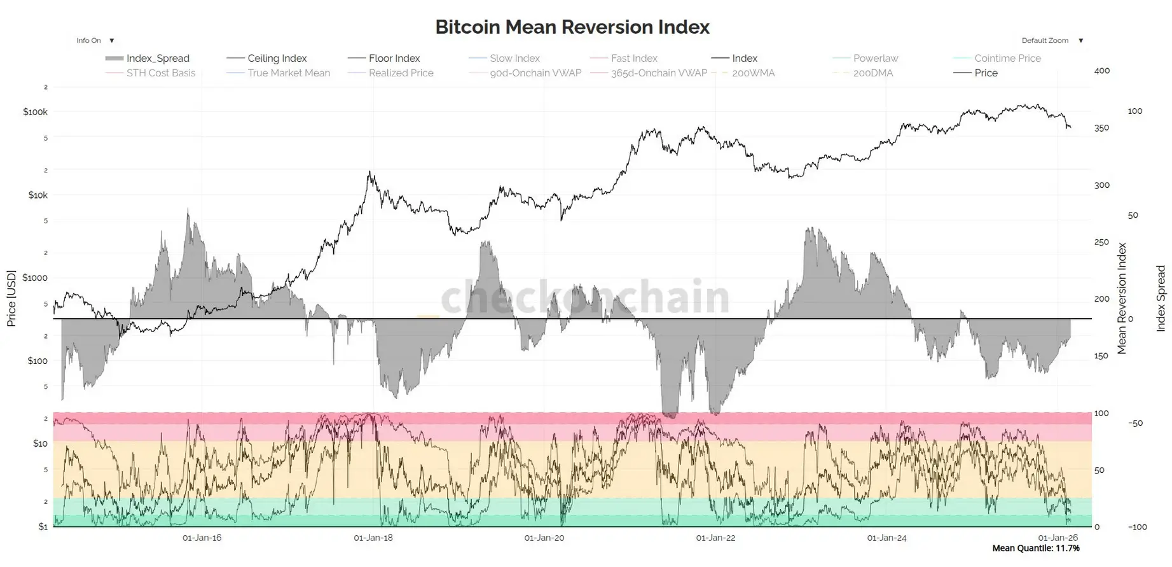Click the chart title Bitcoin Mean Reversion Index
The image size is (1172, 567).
[572, 27]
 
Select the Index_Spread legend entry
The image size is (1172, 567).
[157, 59]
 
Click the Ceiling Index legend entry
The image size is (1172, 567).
[277, 59]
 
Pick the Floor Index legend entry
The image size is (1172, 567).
[394, 59]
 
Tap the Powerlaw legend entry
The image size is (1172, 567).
[875, 59]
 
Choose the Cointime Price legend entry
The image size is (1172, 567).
[1007, 59]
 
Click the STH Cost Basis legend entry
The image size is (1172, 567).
[160, 73]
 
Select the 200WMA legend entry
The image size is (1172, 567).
[753, 73]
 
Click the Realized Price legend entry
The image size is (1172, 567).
[401, 73]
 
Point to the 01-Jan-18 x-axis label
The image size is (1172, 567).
[373, 538]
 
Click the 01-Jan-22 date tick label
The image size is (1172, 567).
[715, 538]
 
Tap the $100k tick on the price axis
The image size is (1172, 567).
[35, 112]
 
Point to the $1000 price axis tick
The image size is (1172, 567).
[35, 277]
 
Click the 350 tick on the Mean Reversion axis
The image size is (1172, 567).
[1101, 128]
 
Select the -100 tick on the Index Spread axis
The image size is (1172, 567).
[1137, 527]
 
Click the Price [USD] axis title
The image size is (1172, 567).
[11, 298]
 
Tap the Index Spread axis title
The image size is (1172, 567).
[1161, 298]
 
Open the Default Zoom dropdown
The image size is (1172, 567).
[1052, 41]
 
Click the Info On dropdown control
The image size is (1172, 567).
[95, 41]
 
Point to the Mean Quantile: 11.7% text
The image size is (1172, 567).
[1035, 549]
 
